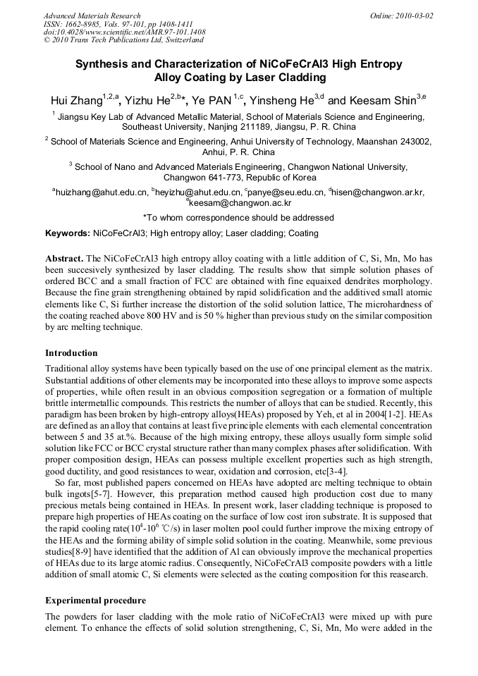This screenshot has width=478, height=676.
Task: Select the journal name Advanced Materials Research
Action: coord(92,16)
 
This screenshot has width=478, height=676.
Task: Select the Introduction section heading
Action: coord(71,352)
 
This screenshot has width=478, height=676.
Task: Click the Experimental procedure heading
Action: coord(95,601)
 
